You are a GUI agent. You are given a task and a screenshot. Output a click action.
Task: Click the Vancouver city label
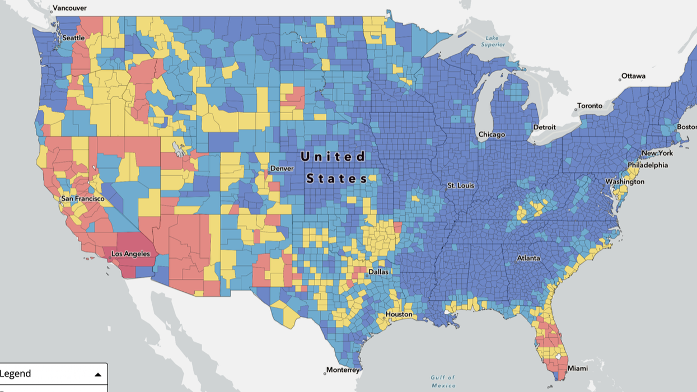(x=70, y=8)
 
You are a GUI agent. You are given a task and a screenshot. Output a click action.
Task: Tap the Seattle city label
(x=73, y=38)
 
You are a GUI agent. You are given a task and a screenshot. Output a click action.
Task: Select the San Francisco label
(x=83, y=199)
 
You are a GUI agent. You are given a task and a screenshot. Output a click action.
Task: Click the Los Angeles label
(x=130, y=254)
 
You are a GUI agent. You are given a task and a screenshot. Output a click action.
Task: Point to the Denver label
(x=282, y=168)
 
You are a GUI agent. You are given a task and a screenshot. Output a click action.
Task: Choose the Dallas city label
(x=378, y=272)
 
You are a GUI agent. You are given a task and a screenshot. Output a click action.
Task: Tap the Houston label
(x=399, y=315)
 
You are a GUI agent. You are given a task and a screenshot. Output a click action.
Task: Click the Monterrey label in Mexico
(x=343, y=370)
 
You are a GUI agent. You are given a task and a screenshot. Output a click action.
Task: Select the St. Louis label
(x=461, y=185)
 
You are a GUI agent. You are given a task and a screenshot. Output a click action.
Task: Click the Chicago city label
(x=492, y=135)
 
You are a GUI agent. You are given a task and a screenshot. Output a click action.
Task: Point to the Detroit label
(x=544, y=127)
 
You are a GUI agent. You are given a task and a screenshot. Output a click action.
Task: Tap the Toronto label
(x=590, y=106)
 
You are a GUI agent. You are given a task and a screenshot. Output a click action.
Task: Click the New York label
(x=657, y=153)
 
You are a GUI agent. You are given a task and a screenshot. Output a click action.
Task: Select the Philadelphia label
(x=647, y=165)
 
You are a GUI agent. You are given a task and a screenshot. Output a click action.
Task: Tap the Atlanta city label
(x=528, y=258)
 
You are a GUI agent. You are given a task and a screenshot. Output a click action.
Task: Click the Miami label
(x=578, y=368)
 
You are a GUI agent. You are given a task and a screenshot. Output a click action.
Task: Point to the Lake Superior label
(x=492, y=41)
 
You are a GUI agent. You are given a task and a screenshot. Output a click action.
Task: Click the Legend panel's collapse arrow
(x=98, y=375)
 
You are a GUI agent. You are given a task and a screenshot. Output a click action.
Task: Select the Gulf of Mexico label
(x=443, y=381)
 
